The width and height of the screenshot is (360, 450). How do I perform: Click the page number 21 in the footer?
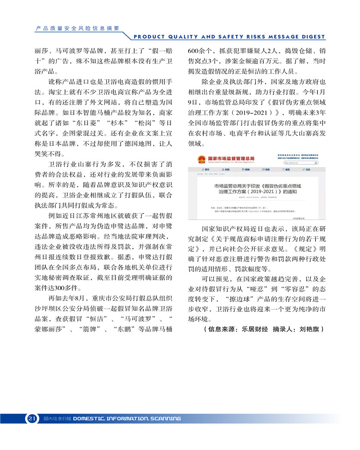[31, 418]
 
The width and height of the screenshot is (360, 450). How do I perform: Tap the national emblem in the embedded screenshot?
[198, 160]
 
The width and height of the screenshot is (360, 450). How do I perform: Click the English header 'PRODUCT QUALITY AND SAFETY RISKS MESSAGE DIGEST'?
[229, 37]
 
